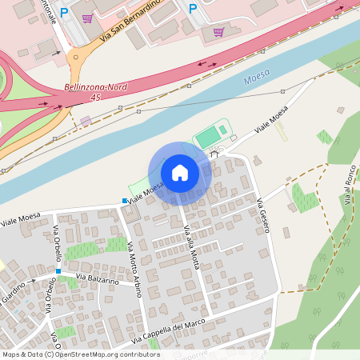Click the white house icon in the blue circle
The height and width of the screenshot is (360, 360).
tap(180, 172)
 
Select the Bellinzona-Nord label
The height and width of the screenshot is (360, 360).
tap(94, 87)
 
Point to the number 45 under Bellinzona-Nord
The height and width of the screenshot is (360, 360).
tap(95, 97)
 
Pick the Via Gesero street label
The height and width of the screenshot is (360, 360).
tap(263, 215)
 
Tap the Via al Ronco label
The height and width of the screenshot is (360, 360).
tap(349, 190)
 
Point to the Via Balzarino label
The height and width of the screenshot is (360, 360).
tap(98, 281)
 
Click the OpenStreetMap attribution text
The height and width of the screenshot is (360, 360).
tap(80, 354)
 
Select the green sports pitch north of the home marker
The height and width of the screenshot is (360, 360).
tap(209, 136)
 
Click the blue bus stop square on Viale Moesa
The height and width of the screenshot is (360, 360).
tap(125, 200)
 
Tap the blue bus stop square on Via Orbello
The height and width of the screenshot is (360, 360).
tap(58, 271)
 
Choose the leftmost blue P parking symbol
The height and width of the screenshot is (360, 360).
tap(64, 13)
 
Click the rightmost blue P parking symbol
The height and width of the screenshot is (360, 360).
tap(192, 9)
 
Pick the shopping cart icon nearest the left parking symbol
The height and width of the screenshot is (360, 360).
tap(87, 18)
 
